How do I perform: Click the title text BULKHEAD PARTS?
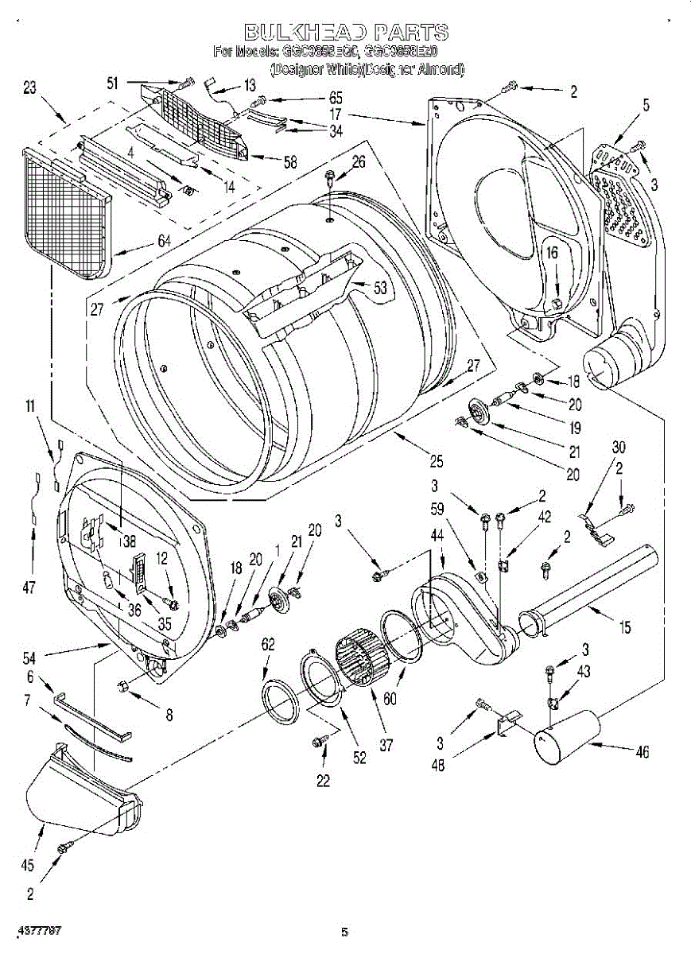point(345,33)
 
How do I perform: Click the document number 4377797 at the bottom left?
point(39,929)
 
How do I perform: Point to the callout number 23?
point(29,90)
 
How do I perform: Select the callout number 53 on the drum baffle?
point(380,289)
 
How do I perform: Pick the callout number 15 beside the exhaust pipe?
point(624,628)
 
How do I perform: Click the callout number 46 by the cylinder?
point(641,751)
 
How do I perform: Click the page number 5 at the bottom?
point(345,932)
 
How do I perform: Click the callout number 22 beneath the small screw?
point(322,781)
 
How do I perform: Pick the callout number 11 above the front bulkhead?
point(29,407)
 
